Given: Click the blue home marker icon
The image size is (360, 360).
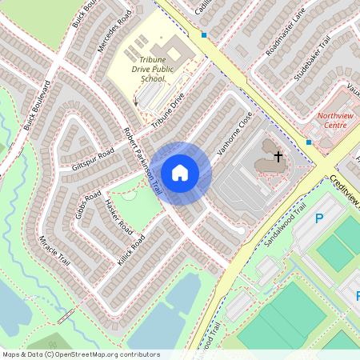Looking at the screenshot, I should [x=180, y=172].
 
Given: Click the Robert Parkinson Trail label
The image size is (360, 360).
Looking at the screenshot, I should [x=142, y=161].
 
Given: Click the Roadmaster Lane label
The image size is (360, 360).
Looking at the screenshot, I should [x=286, y=37].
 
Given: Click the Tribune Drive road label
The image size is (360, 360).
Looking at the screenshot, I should [x=167, y=110].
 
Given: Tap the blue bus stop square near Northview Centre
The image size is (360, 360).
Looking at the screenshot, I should [x=309, y=142].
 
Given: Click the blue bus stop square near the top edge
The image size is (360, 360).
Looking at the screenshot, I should [x=204, y=35].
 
